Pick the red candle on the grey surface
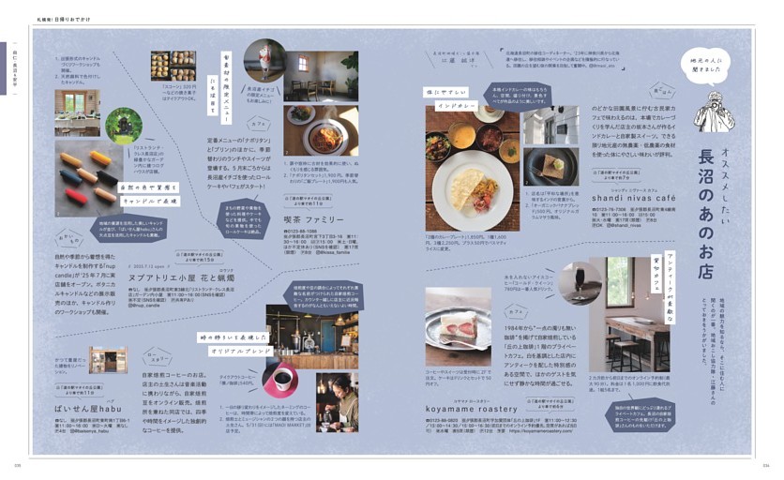(x=75, y=196)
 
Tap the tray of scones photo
(x=173, y=65)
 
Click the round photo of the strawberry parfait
(x=264, y=61)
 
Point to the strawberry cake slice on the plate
(x=459, y=323)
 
